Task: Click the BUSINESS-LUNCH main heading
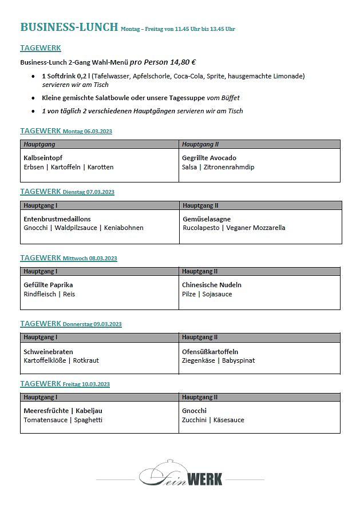pos(69,27)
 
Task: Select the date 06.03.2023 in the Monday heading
pos(98,132)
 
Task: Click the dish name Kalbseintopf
pos(43,158)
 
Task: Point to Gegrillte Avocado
pos(209,158)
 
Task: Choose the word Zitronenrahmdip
pos(229,167)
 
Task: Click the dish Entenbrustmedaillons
pos(57,219)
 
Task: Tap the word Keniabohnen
pos(124,228)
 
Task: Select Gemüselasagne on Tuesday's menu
pos(206,219)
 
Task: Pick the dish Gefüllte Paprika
pos(48,285)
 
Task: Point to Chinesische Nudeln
pos(212,285)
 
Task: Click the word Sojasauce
pos(218,294)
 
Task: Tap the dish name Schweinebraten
pos(48,352)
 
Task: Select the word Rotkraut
pos(86,360)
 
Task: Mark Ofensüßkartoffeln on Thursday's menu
pos(210,352)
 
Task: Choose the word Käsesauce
pos(228,420)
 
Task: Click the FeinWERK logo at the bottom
pos(181,474)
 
